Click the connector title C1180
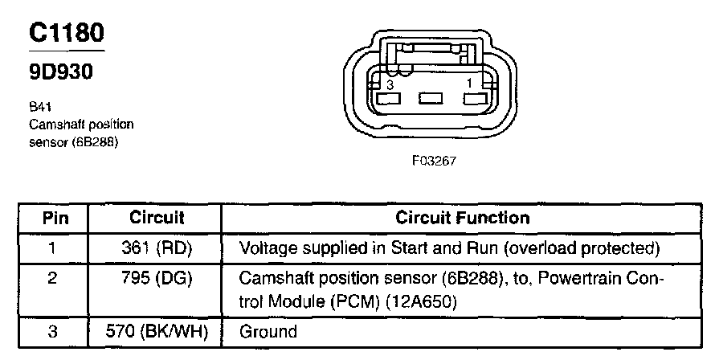point(67,33)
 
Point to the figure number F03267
point(434,160)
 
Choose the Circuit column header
point(157,218)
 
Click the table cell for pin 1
point(51,247)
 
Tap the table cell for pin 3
point(51,330)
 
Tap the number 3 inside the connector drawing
point(390,84)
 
